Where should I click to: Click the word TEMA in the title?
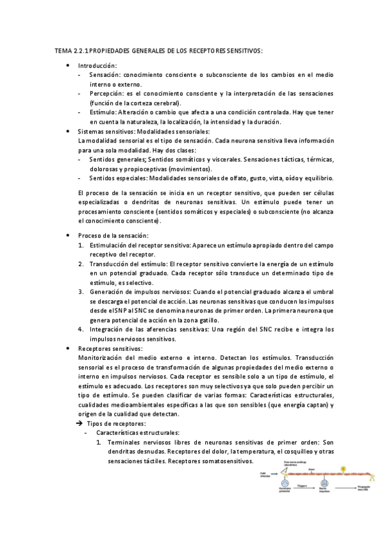tap(63, 50)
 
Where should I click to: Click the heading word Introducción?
tap(97, 66)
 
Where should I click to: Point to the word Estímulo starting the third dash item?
tap(104, 112)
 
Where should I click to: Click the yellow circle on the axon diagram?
tap(343, 469)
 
